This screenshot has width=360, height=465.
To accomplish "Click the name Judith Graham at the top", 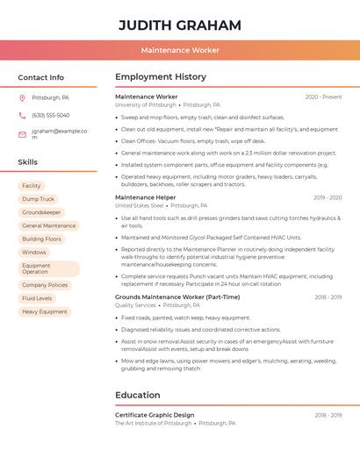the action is pos(179,25).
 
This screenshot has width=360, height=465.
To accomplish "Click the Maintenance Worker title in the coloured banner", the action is pos(180,50).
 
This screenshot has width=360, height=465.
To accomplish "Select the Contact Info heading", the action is pos(40,77).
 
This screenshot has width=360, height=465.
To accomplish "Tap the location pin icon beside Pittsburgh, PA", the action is pos(22,98).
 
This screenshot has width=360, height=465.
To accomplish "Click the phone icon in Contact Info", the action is pos(22,116).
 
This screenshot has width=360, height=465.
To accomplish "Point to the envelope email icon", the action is pos(22,134).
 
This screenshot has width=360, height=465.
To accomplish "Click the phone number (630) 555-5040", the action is pos(50,116).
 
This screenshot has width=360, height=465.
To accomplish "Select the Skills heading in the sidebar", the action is pos(28,162).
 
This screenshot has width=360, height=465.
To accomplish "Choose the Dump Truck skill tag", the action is pos(38,199).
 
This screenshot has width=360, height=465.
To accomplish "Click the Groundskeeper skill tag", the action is pos(41,212).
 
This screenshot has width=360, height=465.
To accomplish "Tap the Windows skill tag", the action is pos(34,252).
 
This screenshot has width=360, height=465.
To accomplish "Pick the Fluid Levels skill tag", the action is pos(37,298).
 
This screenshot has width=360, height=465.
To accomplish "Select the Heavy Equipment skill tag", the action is pos(45,311).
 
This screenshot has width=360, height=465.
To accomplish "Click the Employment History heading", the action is pos(161,77).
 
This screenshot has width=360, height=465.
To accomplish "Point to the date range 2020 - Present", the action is pos(323,97).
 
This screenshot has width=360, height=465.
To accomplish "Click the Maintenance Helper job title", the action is pos(145,197).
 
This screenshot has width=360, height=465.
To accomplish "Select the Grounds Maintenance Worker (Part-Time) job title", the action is pos(177,297).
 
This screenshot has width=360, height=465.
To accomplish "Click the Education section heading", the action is pos(138,395).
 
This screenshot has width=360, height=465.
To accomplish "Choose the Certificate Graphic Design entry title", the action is pos(155,414).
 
